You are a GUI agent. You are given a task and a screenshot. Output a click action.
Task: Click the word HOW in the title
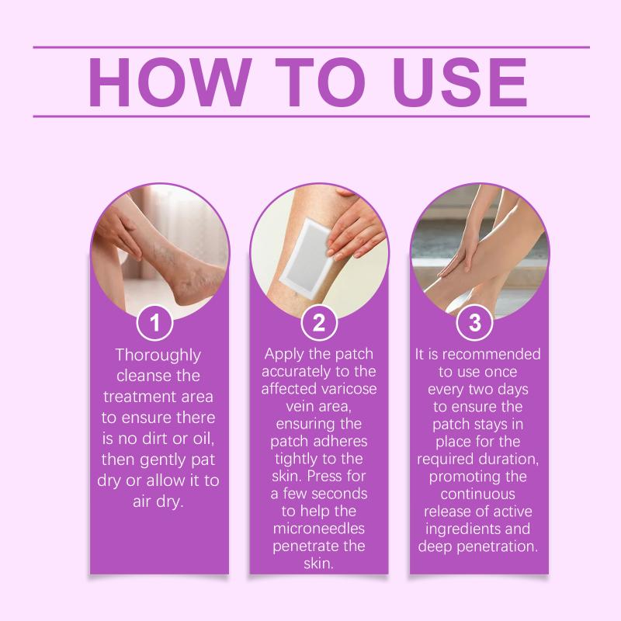pos(170,82)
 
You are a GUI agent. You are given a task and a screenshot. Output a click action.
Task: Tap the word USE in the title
pos(460,82)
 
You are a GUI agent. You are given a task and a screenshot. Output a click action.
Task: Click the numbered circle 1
pos(154,322)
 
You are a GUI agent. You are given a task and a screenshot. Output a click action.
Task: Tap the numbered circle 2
pos(319,322)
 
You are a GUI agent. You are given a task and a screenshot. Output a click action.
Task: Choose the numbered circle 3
pos(474,322)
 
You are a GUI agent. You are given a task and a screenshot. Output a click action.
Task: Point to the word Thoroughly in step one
pos(158,356)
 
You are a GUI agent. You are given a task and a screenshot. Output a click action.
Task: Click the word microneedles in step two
pos(319,529)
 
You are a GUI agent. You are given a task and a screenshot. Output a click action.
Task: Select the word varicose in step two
pos(349,389)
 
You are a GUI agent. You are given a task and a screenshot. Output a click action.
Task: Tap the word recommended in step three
pos(491,354)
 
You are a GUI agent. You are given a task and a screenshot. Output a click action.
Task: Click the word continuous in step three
pos(477,494)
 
